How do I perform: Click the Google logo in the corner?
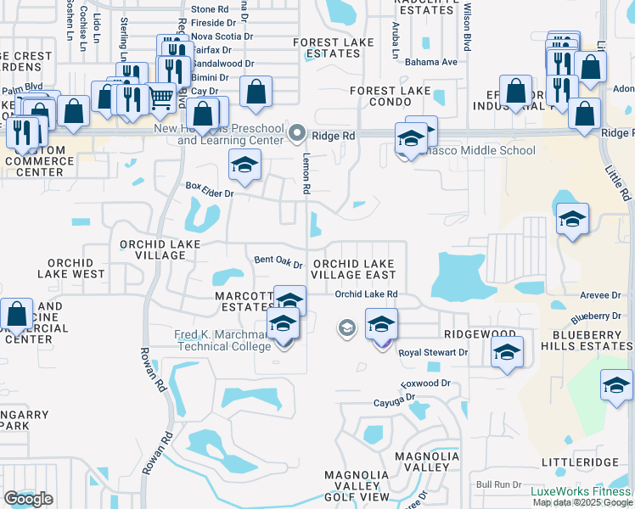click(28, 499)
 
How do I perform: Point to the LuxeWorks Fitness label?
click(582, 491)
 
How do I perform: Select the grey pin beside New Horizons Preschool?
click(296, 132)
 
